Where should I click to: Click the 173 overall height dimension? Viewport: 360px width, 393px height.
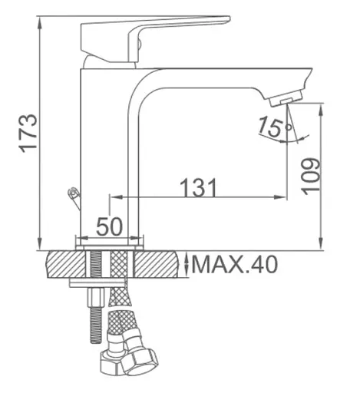click(x=28, y=134)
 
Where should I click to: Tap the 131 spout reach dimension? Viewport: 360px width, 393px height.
click(x=199, y=187)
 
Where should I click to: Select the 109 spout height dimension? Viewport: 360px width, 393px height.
click(x=311, y=177)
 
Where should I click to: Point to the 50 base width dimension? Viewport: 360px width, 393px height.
click(x=110, y=226)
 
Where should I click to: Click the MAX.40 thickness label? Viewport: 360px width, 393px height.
click(x=234, y=264)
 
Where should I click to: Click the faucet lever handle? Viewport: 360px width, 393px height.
click(x=155, y=38)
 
